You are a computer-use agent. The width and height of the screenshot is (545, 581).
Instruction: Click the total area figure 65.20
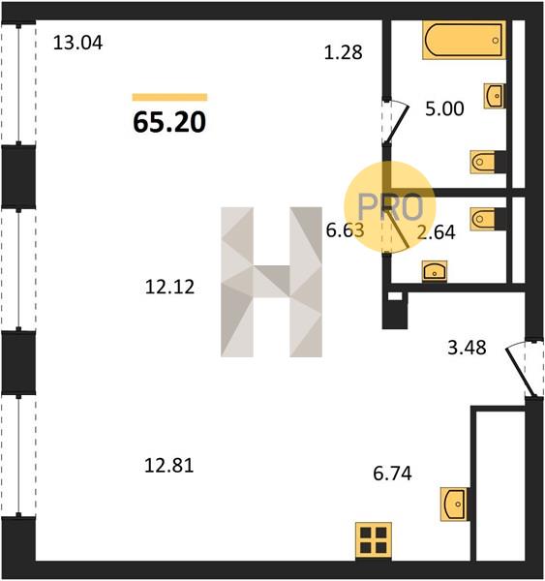pyautogui.click(x=169, y=122)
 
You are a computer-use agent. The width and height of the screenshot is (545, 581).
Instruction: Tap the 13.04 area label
pyautogui.click(x=77, y=43)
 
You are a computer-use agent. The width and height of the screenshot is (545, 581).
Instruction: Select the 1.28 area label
pyautogui.click(x=343, y=52)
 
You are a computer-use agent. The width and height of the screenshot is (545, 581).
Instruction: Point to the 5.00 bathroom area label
pyautogui.click(x=444, y=108)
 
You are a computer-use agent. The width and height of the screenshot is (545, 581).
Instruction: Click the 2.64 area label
pyautogui.click(x=436, y=232)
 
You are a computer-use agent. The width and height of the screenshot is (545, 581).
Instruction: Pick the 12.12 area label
pyautogui.click(x=169, y=288)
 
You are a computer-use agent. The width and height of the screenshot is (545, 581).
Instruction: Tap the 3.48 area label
pyautogui.click(x=467, y=348)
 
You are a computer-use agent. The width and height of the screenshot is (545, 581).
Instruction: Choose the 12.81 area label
pyautogui.click(x=169, y=466)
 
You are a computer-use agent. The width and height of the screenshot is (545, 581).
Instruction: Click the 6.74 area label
pyautogui.click(x=392, y=474)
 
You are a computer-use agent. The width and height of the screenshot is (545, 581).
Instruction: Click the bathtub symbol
pyautogui.click(x=465, y=40)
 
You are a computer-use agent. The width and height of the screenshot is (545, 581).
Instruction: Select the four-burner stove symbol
pyautogui.click(x=374, y=541)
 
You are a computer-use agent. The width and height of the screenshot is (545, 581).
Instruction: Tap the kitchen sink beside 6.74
pyautogui.click(x=453, y=504)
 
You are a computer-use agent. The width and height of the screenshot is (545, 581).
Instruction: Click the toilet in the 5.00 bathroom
pyautogui.click(x=484, y=162)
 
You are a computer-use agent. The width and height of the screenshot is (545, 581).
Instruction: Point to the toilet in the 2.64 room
pyautogui.click(x=484, y=219)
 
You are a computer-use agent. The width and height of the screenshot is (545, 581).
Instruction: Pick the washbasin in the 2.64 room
pyautogui.click(x=435, y=271)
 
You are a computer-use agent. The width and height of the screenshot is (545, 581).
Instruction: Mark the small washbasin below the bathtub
pyautogui.click(x=494, y=96)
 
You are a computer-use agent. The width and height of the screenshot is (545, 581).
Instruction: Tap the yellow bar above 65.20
pyautogui.click(x=169, y=98)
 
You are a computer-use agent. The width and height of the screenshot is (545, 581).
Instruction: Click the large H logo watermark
pyautogui.click(x=272, y=282)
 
